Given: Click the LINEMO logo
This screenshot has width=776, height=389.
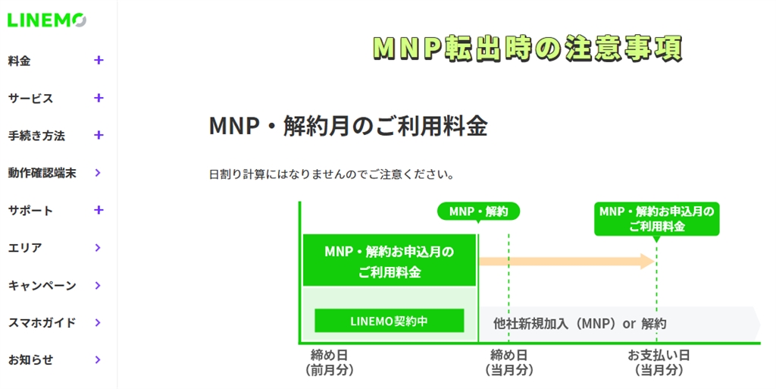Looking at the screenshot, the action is click(47, 20).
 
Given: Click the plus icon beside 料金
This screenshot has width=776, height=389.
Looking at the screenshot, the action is click(99, 61).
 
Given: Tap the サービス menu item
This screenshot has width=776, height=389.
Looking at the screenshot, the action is click(30, 99).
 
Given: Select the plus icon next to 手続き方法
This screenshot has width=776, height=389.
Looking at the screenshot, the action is click(99, 135).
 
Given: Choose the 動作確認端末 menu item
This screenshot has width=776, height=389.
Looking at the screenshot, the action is click(42, 173).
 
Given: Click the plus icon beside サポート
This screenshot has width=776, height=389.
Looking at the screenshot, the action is click(99, 210).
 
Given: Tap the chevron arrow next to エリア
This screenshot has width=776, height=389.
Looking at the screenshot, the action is click(98, 247).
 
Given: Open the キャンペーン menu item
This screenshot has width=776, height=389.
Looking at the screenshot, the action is click(42, 286).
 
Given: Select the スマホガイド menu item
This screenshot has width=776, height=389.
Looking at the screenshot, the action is click(42, 323).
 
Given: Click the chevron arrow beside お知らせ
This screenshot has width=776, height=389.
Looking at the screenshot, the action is click(98, 359).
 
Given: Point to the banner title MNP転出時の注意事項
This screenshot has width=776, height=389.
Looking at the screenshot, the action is click(527, 48).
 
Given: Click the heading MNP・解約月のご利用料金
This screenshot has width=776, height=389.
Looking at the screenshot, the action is click(349, 126).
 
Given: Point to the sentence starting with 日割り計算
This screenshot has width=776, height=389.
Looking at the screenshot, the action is click(332, 174).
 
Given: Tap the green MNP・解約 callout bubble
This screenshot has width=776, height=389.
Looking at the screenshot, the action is click(479, 212).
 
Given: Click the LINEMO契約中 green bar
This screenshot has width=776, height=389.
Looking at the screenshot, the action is click(390, 321).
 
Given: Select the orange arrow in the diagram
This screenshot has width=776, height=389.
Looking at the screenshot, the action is click(567, 262).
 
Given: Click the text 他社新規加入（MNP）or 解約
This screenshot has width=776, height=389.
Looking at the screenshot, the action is click(580, 324).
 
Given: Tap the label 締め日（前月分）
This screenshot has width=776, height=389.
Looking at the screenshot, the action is click(329, 362).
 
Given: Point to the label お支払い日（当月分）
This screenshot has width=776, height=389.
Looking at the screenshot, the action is click(659, 362).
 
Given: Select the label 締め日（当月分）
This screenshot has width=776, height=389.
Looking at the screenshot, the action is click(508, 362).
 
